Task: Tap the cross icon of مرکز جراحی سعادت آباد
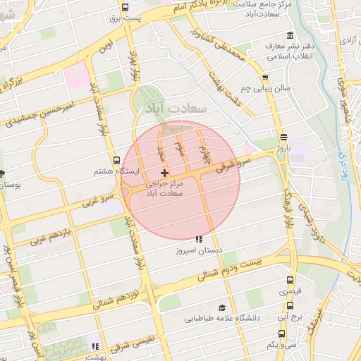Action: point(165,173)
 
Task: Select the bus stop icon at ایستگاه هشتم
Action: point(117,160)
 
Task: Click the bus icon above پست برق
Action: point(125,8)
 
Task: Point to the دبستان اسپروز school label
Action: point(200,250)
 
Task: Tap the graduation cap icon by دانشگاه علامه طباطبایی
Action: point(222,307)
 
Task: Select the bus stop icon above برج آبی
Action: point(290,305)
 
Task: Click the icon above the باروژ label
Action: point(283,137)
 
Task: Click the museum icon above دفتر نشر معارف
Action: point(290,36)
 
